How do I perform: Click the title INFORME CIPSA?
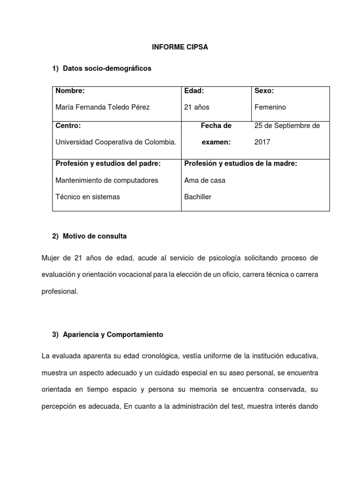[x=180, y=47]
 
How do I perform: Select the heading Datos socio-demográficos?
[x=107, y=68]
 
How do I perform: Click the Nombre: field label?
[x=70, y=90]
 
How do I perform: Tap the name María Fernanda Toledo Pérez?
[x=103, y=107]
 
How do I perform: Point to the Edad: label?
[x=194, y=90]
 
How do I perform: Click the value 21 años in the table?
[x=197, y=107]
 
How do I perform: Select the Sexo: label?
[x=264, y=90]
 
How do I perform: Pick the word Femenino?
[x=270, y=107]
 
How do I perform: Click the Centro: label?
[x=68, y=126]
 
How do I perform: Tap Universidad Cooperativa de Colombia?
[x=116, y=142]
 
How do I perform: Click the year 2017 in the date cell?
[x=262, y=142]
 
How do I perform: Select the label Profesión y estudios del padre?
[x=108, y=163]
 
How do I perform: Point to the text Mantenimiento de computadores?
[x=107, y=180]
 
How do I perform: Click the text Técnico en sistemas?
[x=88, y=197]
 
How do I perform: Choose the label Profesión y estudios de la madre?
[x=241, y=163]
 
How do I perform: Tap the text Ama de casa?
[x=205, y=180]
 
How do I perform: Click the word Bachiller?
[x=198, y=197]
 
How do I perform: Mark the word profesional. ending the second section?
[x=60, y=291]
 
